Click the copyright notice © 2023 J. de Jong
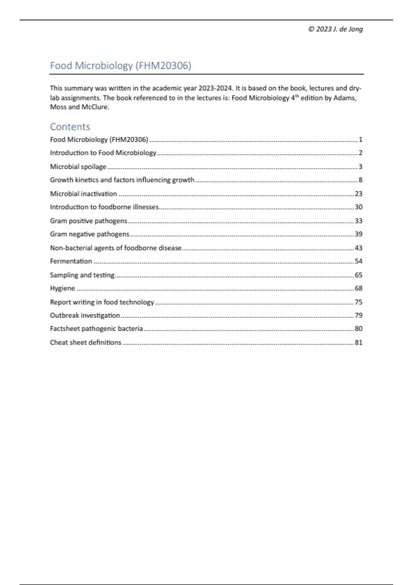click(335, 29)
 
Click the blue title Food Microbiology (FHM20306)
click(120, 65)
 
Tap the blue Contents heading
click(70, 127)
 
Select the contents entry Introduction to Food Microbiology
click(103, 153)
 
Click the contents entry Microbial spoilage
click(78, 167)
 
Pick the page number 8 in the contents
click(360, 180)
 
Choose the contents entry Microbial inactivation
click(83, 194)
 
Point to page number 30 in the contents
click(359, 207)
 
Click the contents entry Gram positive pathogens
click(88, 221)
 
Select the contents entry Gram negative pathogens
click(89, 234)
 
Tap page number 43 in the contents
click(359, 248)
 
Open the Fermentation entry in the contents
click(71, 261)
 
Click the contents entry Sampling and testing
click(82, 275)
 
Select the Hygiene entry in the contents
click(62, 288)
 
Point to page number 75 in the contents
click(359, 302)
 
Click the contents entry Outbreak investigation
click(85, 315)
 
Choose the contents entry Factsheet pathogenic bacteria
click(96, 329)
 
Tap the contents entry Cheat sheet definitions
click(85, 342)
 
